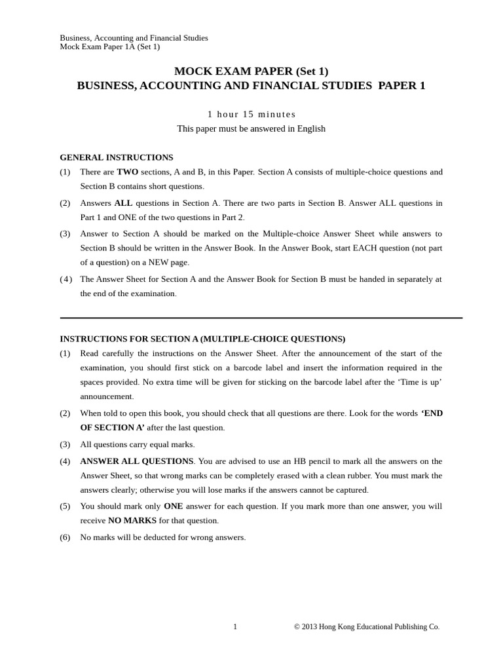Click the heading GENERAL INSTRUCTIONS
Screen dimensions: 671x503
(117, 158)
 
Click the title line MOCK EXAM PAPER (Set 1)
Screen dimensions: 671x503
(251, 71)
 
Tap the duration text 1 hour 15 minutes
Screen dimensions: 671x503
(251, 114)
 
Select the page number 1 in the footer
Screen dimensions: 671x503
(235, 627)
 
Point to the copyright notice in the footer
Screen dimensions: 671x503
(367, 627)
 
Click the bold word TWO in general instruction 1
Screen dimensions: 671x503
(128, 172)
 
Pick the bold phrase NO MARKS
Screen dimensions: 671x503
(132, 521)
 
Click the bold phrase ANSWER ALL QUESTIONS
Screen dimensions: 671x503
(137, 461)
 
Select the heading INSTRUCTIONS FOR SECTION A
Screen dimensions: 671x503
(202, 339)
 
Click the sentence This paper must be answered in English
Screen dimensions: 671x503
(251, 129)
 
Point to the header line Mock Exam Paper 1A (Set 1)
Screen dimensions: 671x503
(110, 47)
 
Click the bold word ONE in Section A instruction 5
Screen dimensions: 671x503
(174, 507)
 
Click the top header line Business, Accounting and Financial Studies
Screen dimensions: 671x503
(134, 38)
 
